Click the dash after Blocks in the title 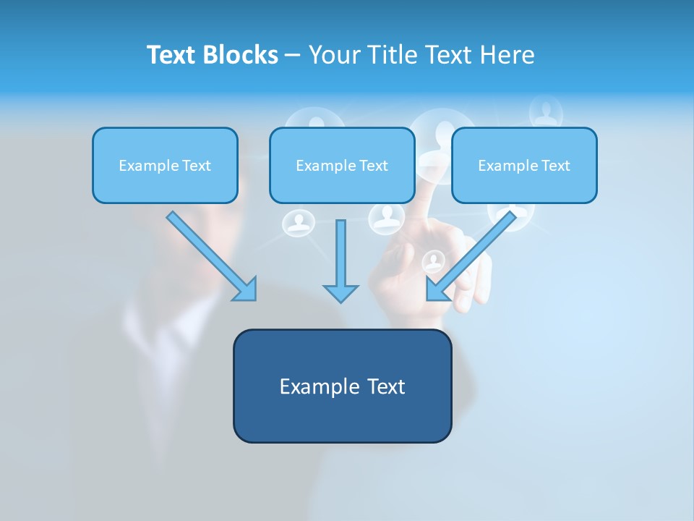tap(293, 56)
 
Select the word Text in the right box tap(554, 166)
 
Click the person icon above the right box tap(546, 111)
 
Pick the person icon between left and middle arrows tap(298, 222)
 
